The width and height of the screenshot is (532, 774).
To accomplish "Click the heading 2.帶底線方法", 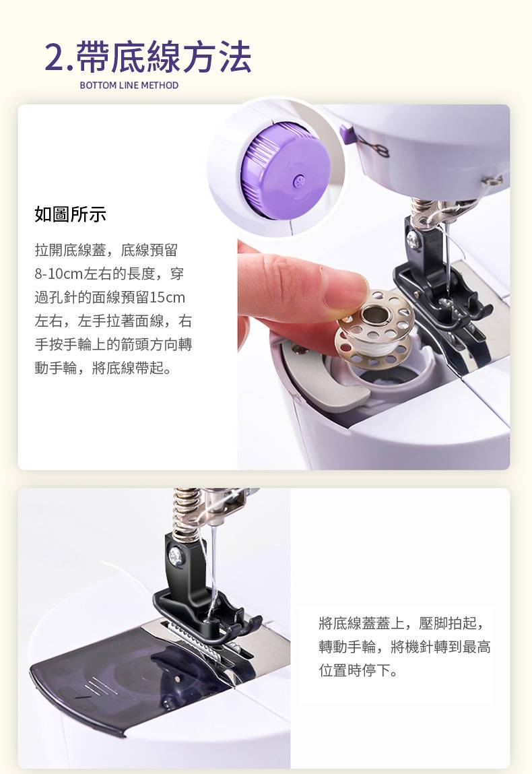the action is click(148, 57).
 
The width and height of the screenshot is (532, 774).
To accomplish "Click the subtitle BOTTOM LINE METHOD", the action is click(129, 86).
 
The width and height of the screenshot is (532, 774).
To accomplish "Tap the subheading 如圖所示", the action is click(71, 214).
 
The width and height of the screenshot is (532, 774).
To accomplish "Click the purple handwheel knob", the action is click(286, 172).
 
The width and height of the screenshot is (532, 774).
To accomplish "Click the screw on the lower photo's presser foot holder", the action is click(175, 557).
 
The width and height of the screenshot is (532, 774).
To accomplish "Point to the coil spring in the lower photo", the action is click(187, 513).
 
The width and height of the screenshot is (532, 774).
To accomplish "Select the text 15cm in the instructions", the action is click(167, 297).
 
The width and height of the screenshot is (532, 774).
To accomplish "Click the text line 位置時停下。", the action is click(358, 670).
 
